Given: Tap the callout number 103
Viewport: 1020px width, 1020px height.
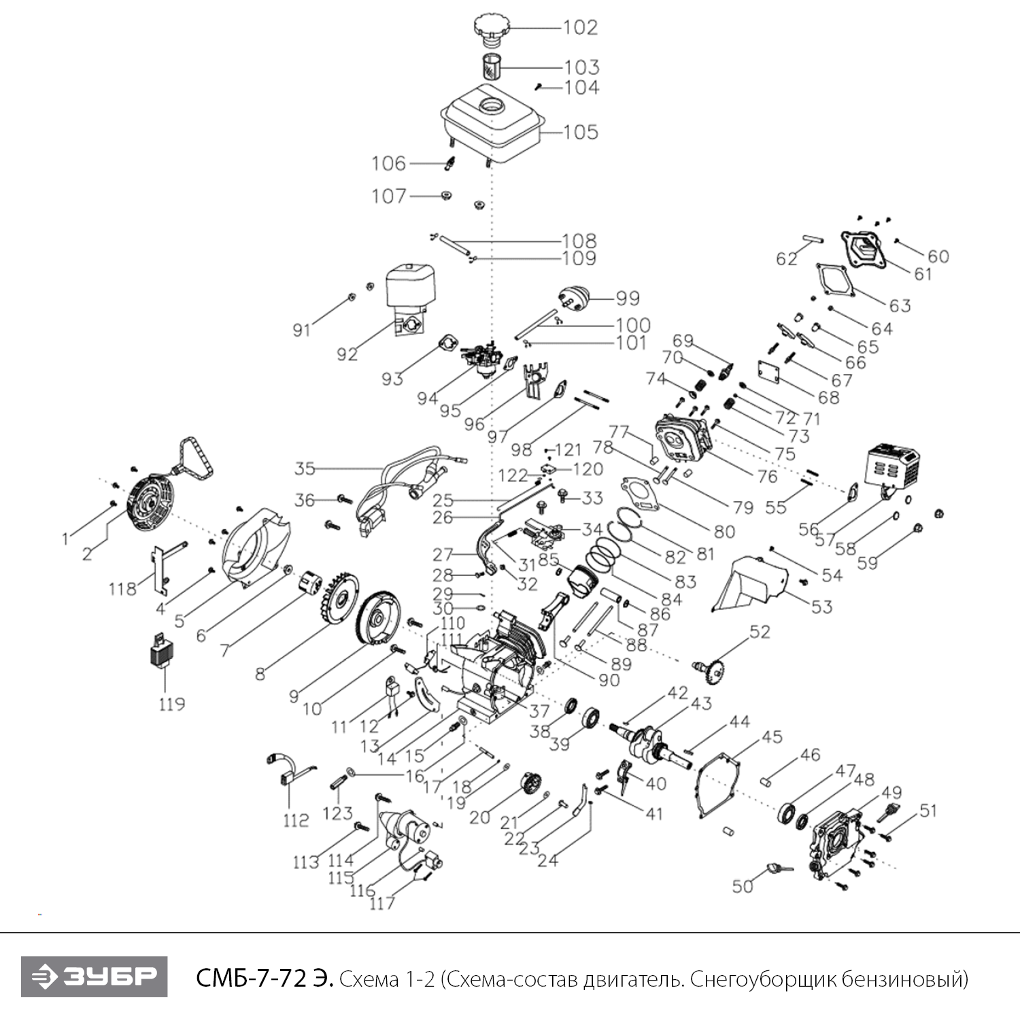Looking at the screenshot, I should coord(581,67).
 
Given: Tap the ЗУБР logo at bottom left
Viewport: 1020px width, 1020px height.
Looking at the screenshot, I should coord(94,976).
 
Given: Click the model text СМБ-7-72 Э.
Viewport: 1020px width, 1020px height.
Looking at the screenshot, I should coord(264,979).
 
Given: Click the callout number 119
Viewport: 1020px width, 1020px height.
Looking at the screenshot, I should coord(172,703).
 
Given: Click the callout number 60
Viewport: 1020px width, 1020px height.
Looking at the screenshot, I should coord(938,256).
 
